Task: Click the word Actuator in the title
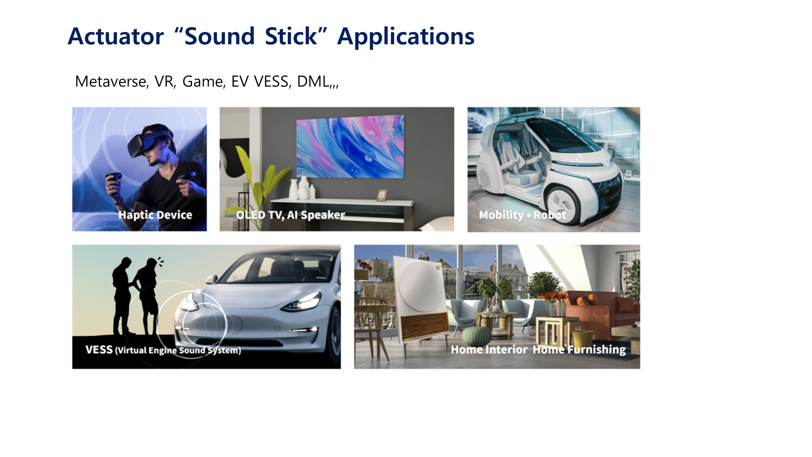point(116,36)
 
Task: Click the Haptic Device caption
point(155,215)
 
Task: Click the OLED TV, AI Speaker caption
point(291,215)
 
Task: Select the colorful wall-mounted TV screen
point(350,146)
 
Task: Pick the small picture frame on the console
point(382,195)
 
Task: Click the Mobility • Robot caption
point(523,215)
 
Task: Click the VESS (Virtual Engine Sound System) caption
point(163,350)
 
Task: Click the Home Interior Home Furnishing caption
point(538,349)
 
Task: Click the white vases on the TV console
point(302,188)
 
